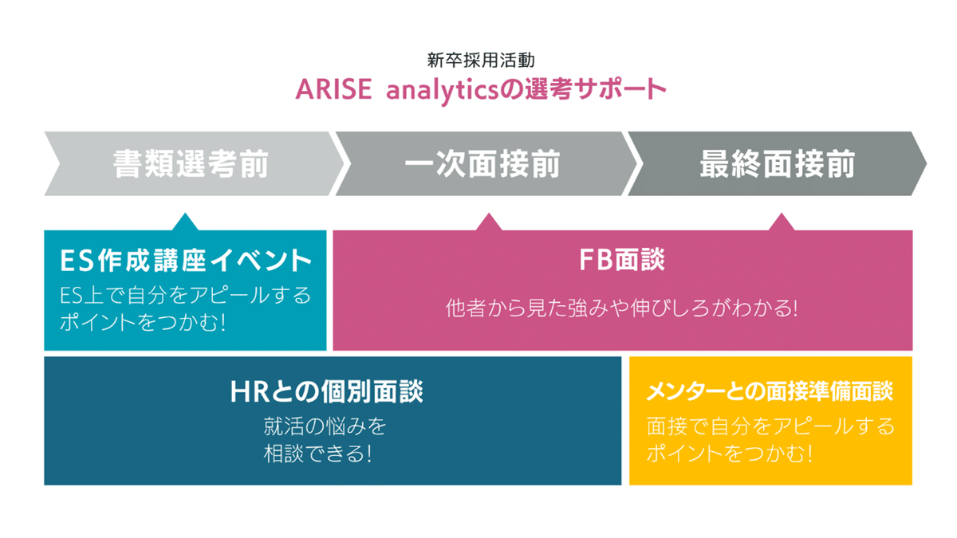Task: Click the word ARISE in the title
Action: pos(333,88)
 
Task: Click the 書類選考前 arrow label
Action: pos(191,164)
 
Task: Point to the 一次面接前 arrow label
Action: pos(482,164)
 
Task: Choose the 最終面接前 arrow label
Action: pos(777,164)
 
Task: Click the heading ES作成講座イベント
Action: pos(185,260)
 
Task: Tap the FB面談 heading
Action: pos(623,260)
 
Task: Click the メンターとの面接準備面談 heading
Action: pos(770,391)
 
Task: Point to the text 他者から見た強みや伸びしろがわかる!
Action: pos(622,308)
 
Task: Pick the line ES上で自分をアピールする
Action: pos(185,295)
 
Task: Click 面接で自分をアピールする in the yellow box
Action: pos(770,426)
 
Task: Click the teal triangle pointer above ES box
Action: pos(185,222)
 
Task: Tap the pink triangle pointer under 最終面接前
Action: pos(782,222)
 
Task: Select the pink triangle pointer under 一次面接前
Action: pos(488,222)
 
